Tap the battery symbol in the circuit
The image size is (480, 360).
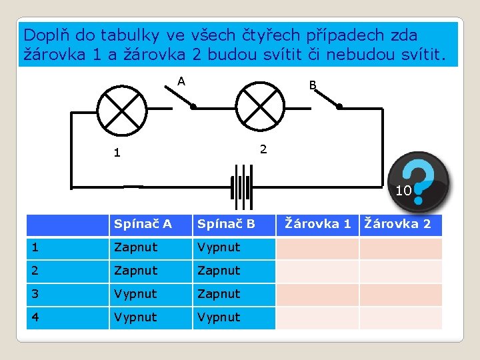coord(241,187)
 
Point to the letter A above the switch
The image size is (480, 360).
coord(181,81)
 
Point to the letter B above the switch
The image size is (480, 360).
coord(312,85)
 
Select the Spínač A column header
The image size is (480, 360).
coord(143,224)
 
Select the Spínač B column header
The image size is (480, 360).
coord(226,224)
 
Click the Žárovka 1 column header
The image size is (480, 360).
coord(317,224)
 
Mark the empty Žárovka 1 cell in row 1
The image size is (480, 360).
coord(317,248)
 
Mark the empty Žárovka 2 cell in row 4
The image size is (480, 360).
coord(401,317)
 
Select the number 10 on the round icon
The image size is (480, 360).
coord(403,191)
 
